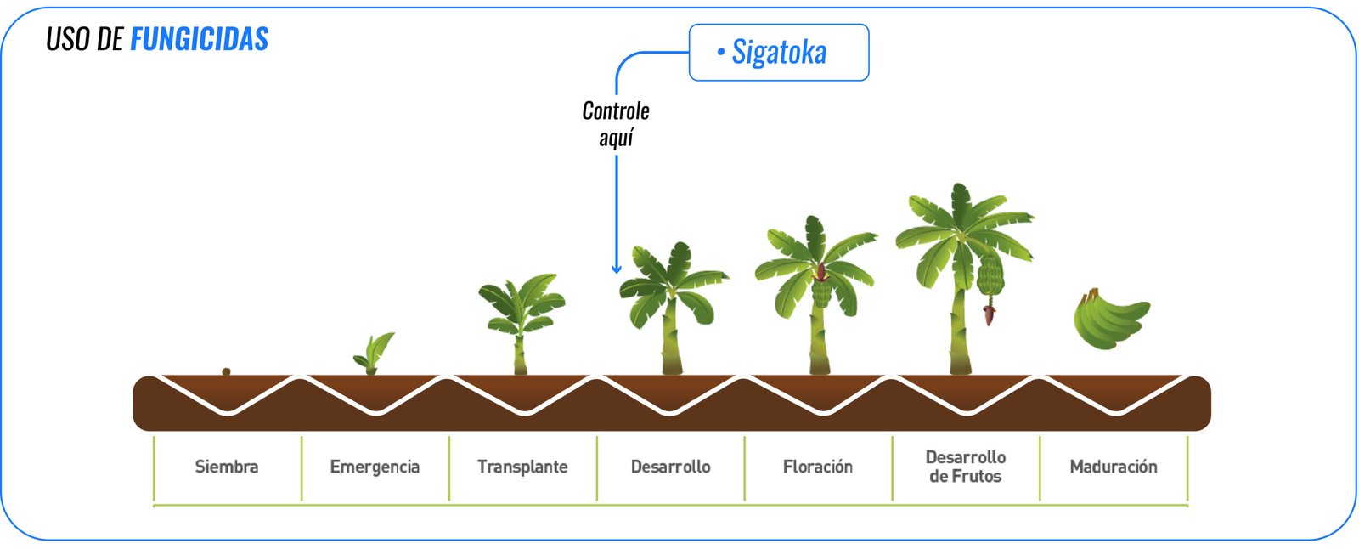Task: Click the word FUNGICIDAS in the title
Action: (x=199, y=39)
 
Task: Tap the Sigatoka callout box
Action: (x=778, y=53)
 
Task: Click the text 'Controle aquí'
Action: (x=616, y=124)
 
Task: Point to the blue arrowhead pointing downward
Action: (x=617, y=268)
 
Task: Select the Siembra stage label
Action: (x=226, y=467)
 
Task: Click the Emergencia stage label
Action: (x=375, y=467)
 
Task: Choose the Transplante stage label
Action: (x=522, y=467)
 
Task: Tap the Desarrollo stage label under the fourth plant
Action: (x=670, y=467)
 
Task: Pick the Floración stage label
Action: (x=818, y=467)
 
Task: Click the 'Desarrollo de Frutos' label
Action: (x=966, y=467)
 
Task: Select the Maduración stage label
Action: (x=1114, y=467)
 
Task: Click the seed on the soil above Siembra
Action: (x=226, y=371)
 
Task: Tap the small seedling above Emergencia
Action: (x=375, y=353)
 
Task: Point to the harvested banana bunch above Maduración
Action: (x=1109, y=319)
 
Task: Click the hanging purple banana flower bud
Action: (x=989, y=315)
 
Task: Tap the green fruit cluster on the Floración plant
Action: (x=821, y=291)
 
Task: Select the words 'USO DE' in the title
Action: (x=84, y=39)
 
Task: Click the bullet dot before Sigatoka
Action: (x=720, y=53)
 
